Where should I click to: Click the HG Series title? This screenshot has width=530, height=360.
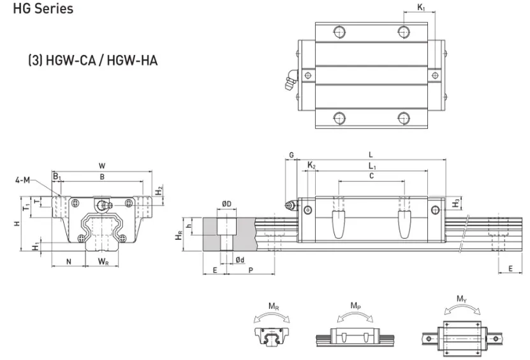pos(43,8)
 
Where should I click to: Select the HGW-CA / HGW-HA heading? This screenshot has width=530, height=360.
pos(93,61)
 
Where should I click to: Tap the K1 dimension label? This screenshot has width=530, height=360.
pos(421,7)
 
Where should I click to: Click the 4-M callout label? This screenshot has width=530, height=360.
pos(23,180)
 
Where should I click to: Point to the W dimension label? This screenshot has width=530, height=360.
pos(102,166)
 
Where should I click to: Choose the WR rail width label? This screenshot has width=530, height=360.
pos(103,261)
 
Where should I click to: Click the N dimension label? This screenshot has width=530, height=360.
pos(69,262)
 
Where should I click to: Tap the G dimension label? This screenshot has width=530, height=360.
pos(291,155)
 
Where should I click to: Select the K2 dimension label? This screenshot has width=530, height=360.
pos(311,165)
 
